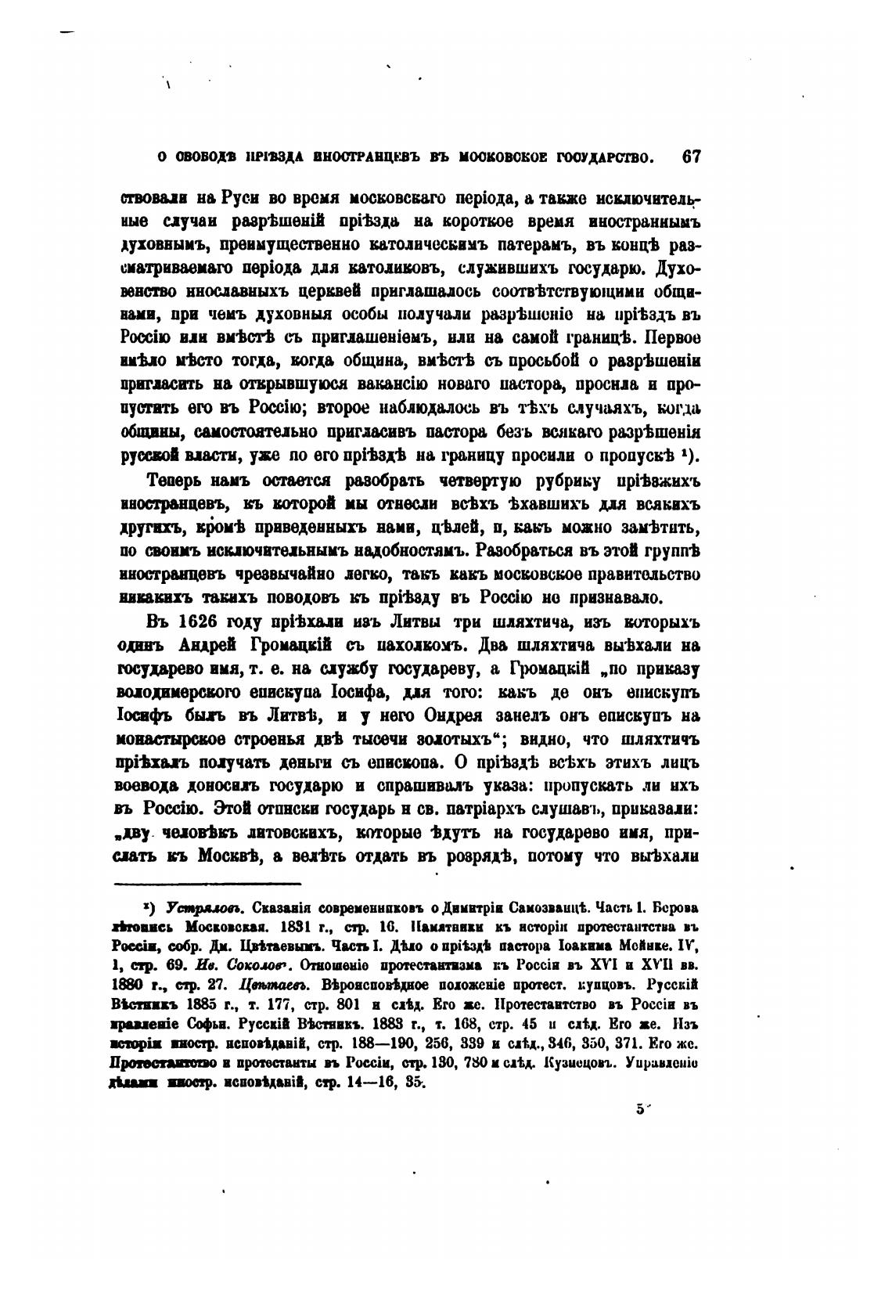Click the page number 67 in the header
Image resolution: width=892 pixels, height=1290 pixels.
(690, 156)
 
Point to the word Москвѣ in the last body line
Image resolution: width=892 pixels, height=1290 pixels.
(224, 856)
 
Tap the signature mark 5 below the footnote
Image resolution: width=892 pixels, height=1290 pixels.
(639, 1108)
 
